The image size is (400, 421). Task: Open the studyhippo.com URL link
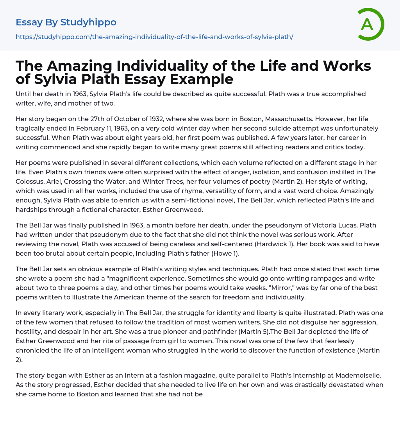click(154, 37)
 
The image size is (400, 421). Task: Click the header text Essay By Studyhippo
click(66, 22)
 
